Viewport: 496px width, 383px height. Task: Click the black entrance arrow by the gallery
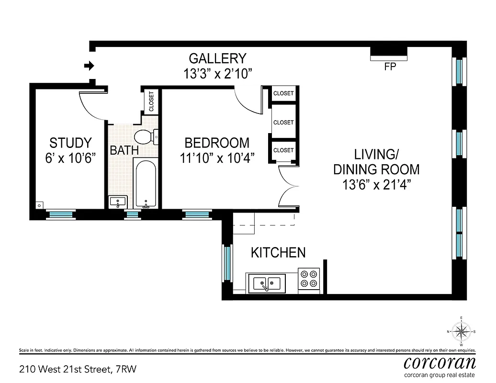[x=88, y=65]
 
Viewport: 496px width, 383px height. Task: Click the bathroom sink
[x=117, y=202]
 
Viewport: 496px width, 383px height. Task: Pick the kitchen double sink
[x=267, y=283]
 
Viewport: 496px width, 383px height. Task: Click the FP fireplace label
[x=390, y=68]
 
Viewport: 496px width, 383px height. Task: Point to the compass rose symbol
[x=462, y=330]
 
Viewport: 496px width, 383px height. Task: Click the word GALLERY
[x=217, y=58]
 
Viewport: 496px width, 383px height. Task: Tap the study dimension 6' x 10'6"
[x=70, y=158]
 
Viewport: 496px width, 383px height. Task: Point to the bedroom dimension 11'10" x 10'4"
[x=217, y=158]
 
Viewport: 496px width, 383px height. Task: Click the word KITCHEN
[x=278, y=252]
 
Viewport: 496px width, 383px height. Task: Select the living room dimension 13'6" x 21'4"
[x=376, y=185]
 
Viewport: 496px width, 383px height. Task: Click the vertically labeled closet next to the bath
[x=151, y=101]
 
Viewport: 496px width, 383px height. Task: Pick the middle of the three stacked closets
[x=283, y=123]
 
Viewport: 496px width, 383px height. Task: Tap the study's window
[x=61, y=214]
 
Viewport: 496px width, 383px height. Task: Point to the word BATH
[x=124, y=150]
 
